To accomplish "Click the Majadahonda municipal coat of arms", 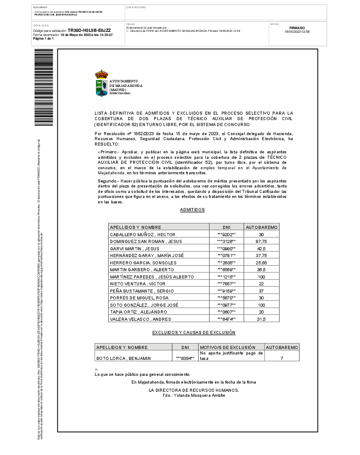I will pyautogui.click(x=101, y=83).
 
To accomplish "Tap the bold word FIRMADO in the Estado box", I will pyautogui.click(x=297, y=28).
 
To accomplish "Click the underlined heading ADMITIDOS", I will pyautogui.click(x=192, y=210).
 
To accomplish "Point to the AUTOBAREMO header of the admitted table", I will pyautogui.click(x=261, y=227).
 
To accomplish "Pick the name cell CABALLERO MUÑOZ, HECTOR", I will pyautogui.click(x=140, y=234).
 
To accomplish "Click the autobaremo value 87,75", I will pyautogui.click(x=261, y=241).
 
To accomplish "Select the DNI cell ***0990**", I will pyautogui.click(x=226, y=249).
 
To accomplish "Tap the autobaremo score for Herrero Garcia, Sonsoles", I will pyautogui.click(x=261, y=263).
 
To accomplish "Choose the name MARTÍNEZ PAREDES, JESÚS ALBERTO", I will pyautogui.click(x=152, y=277).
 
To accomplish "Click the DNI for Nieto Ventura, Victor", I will pyautogui.click(x=226, y=284).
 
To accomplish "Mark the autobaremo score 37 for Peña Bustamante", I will pyautogui.click(x=261, y=291).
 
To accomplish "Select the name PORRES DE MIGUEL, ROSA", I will pyautogui.click(x=139, y=298).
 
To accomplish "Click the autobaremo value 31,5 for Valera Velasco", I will pyautogui.click(x=261, y=319).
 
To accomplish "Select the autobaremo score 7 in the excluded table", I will pyautogui.click(x=282, y=359).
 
